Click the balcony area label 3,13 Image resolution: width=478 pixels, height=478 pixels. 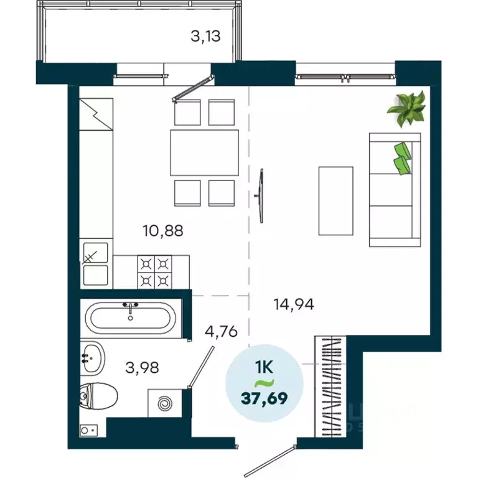205,35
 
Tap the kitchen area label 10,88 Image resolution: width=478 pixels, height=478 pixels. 164,232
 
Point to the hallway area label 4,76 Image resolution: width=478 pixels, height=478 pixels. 222,331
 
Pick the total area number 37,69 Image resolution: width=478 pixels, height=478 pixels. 265,397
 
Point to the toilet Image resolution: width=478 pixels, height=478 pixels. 99,395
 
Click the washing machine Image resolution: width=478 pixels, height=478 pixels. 165,403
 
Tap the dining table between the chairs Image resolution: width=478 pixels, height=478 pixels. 204,152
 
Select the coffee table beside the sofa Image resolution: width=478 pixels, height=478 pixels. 335,200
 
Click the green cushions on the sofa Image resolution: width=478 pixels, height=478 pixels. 403,157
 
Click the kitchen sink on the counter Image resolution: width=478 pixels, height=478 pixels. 96,263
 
